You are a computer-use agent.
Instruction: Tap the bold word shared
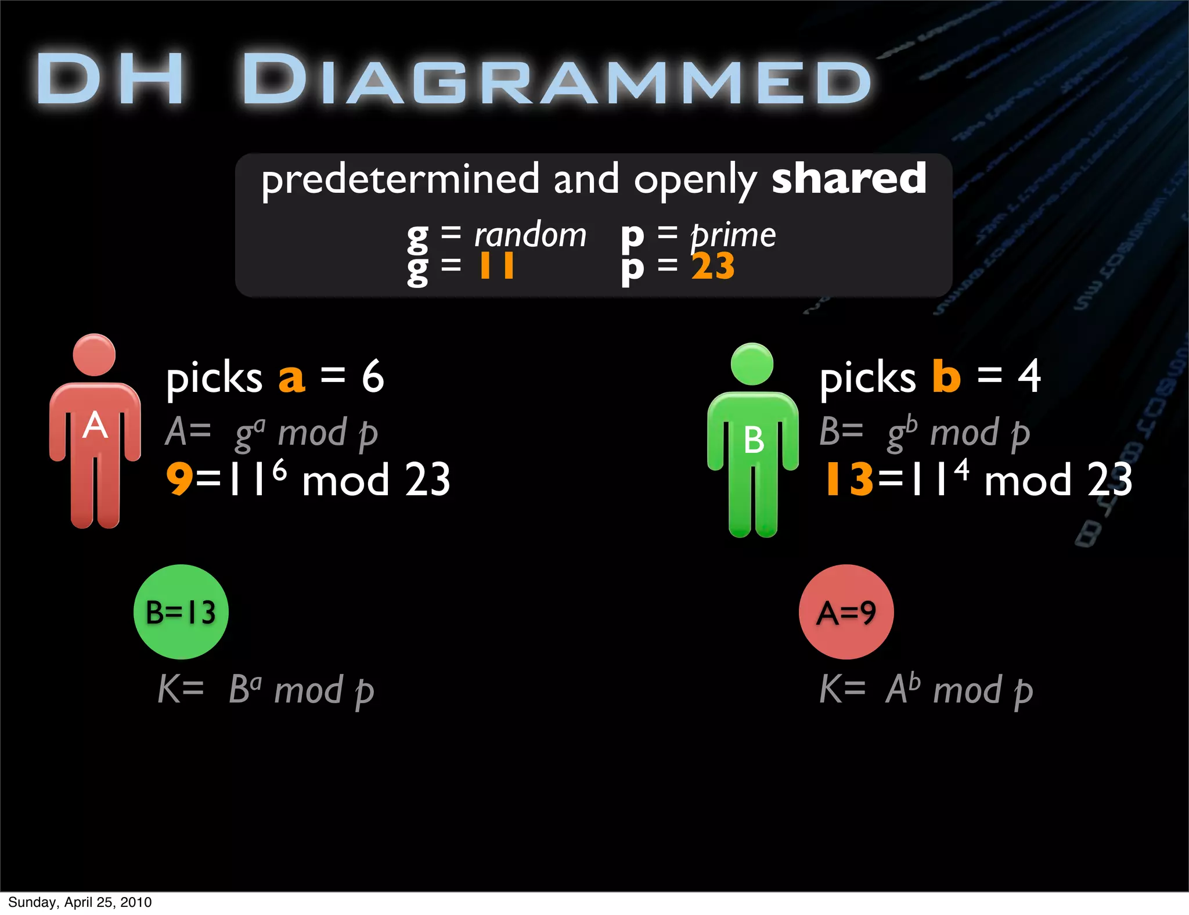click(848, 179)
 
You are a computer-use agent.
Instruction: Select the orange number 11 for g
click(496, 266)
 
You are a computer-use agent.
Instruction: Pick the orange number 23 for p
click(713, 266)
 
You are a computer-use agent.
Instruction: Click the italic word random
click(530, 235)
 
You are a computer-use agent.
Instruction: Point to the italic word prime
click(733, 235)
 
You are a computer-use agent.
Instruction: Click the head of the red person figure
click(94, 355)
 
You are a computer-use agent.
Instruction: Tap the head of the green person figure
click(752, 364)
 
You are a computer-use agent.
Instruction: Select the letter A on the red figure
click(95, 426)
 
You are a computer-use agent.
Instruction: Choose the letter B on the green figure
click(754, 440)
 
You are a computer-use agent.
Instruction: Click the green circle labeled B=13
click(181, 612)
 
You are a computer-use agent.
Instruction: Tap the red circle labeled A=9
click(846, 612)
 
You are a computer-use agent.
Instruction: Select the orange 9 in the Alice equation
click(179, 480)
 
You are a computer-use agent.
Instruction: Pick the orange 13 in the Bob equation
click(849, 480)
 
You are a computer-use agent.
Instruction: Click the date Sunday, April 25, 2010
click(80, 902)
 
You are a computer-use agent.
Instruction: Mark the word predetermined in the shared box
click(400, 180)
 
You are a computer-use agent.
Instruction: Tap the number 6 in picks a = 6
click(373, 376)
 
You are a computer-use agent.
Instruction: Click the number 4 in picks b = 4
click(1029, 376)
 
